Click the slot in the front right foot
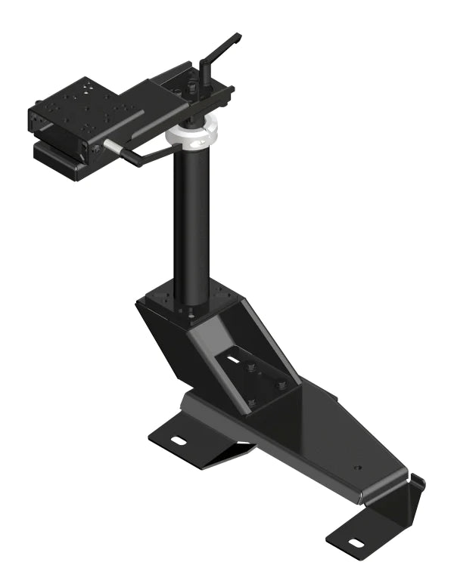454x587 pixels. (x=353, y=542)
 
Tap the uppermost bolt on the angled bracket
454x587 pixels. (x=248, y=368)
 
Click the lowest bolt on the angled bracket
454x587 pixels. (x=253, y=402)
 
